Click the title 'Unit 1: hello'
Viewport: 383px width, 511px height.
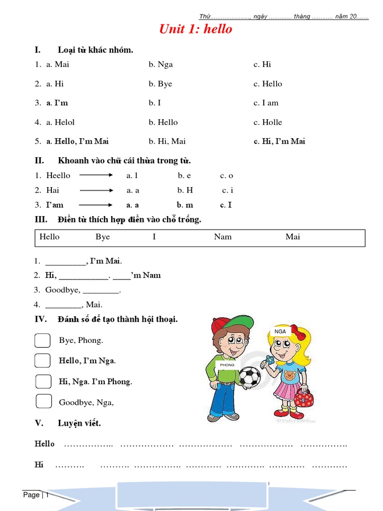pos(195,29)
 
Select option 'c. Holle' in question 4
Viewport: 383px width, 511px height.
pos(268,122)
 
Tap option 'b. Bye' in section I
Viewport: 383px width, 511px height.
pos(160,84)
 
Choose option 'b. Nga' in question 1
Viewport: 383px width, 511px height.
pos(161,64)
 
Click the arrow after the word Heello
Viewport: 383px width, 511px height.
pos(97,175)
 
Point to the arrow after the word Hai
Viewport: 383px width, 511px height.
pos(97,190)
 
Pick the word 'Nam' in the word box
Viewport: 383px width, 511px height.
pos(223,237)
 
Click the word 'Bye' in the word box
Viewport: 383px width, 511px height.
pos(103,237)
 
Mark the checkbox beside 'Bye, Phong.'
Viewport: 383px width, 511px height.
pos(43,340)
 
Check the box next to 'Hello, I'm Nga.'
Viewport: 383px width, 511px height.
pos(43,360)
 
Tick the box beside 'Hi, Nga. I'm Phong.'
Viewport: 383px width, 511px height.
pos(43,381)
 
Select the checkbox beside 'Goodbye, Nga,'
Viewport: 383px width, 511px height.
pos(44,401)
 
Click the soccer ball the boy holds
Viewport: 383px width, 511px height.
pos(249,377)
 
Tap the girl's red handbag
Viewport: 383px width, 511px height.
pos(303,399)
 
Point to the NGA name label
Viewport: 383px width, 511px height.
pos(280,331)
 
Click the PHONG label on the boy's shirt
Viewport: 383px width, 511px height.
pos(227,365)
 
